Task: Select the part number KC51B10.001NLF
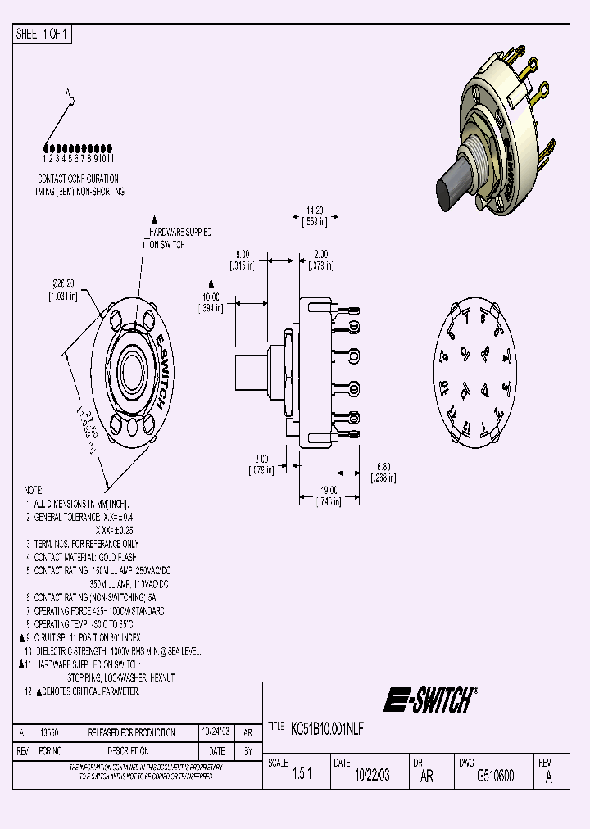[x=328, y=727]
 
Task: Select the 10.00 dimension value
[x=211, y=297]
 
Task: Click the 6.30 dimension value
[x=383, y=466]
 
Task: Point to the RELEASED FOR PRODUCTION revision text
[x=132, y=732]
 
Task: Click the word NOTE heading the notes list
[x=34, y=489]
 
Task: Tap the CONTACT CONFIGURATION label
[x=78, y=178]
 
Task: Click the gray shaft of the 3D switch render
[x=453, y=193]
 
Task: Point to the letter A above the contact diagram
[x=69, y=93]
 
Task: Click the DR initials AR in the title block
[x=426, y=777]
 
